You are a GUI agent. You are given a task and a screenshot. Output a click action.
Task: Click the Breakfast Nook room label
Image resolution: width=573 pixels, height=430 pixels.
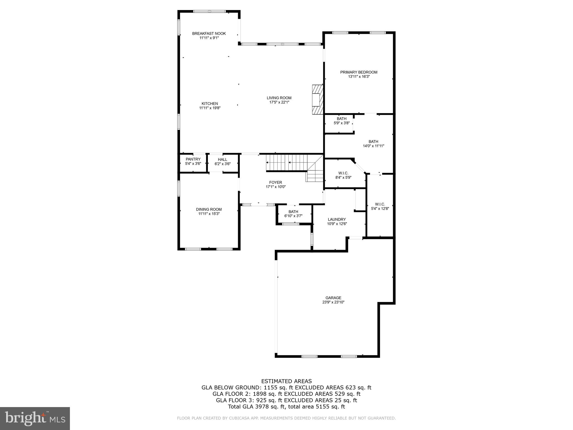pyautogui.click(x=209, y=34)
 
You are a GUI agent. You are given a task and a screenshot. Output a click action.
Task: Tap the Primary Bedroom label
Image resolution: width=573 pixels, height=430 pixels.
pyautogui.click(x=359, y=72)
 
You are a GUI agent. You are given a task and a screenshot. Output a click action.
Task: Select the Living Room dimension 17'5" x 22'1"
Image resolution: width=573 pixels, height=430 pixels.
pyautogui.click(x=279, y=102)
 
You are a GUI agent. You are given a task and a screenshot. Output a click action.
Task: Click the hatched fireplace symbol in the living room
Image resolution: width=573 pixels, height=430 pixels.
pyautogui.click(x=318, y=99)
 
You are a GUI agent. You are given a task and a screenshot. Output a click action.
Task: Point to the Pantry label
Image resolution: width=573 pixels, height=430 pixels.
pyautogui.click(x=193, y=159)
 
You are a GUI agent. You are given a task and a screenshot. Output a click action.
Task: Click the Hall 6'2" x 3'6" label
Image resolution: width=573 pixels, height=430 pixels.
pyautogui.click(x=222, y=162)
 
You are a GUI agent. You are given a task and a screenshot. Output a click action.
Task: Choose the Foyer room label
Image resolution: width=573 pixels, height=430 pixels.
pyautogui.click(x=276, y=183)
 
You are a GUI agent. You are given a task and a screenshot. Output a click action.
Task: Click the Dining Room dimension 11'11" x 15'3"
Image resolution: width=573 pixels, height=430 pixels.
pyautogui.click(x=209, y=214)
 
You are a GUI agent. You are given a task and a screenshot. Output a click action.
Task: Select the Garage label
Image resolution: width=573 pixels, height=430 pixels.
pyautogui.click(x=333, y=298)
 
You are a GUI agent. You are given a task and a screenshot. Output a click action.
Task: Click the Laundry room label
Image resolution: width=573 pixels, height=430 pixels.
pyautogui.click(x=337, y=219)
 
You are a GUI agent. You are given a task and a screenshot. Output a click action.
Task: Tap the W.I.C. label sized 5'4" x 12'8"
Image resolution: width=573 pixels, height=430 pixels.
pyautogui.click(x=380, y=206)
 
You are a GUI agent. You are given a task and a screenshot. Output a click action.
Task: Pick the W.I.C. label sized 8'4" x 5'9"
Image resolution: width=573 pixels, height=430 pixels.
pyautogui.click(x=343, y=175)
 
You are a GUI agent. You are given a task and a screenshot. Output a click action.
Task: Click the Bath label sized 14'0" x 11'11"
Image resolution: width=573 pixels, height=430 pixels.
pyautogui.click(x=373, y=144)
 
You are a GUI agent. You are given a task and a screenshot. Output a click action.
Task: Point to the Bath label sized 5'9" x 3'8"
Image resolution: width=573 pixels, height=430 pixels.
pyautogui.click(x=341, y=121)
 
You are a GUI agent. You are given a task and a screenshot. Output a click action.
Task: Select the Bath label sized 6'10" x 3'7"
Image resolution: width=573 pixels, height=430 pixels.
pyautogui.click(x=293, y=214)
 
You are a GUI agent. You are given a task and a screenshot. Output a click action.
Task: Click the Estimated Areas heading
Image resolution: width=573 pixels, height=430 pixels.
pyautogui.click(x=286, y=381)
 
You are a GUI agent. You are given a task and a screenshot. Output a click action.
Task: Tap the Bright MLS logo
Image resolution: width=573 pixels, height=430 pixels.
pyautogui.click(x=35, y=419)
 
